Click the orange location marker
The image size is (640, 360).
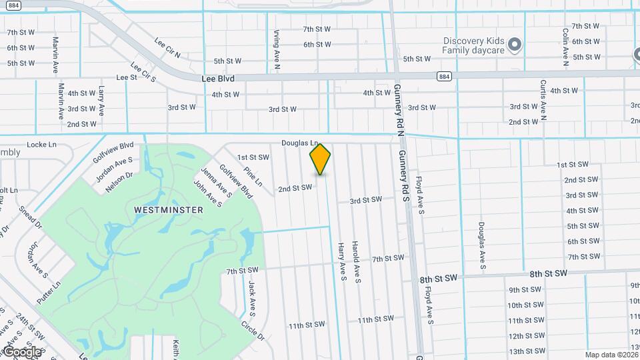point(320,159)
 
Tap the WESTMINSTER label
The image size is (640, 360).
point(169,209)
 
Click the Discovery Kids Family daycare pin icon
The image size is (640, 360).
point(514,45)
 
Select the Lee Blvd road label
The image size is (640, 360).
point(218,78)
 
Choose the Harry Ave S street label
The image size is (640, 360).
point(341,261)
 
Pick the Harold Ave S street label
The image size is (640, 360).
point(357,261)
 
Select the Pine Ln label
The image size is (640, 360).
point(253,176)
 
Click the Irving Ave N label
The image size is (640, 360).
point(277,50)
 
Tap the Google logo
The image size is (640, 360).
point(22,351)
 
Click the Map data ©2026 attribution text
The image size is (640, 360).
point(611,355)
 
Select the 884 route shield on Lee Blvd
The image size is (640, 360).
point(444,77)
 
